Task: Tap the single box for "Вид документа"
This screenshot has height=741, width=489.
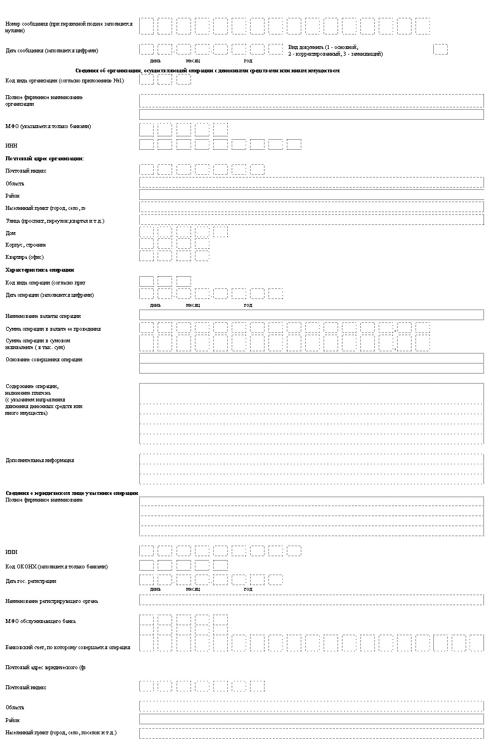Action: coord(440,50)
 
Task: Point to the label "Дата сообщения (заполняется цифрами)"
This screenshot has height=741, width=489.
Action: coord(52,51)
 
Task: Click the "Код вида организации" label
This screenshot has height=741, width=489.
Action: coord(64,81)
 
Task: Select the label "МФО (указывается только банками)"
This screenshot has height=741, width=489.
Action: coord(48,126)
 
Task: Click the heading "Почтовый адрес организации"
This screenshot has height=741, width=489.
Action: coord(45,159)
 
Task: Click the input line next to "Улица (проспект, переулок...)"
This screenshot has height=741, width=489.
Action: coord(311,220)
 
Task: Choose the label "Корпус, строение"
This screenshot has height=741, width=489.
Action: coord(26,245)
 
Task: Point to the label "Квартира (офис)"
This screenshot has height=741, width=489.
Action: coord(25,257)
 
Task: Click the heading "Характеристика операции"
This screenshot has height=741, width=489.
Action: coord(40,270)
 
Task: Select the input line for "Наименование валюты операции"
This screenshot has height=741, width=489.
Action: coord(311,316)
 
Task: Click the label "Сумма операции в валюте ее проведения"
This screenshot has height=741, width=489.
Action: coord(53,329)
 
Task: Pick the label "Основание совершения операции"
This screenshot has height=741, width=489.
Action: coord(44,360)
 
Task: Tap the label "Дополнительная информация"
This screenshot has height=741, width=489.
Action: coord(40,460)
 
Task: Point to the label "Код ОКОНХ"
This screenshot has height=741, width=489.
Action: coord(56,567)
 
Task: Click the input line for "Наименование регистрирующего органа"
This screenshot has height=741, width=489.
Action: coord(311,600)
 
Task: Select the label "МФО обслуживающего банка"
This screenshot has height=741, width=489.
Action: coord(40,621)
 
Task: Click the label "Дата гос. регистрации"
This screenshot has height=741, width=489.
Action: coord(31,581)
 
